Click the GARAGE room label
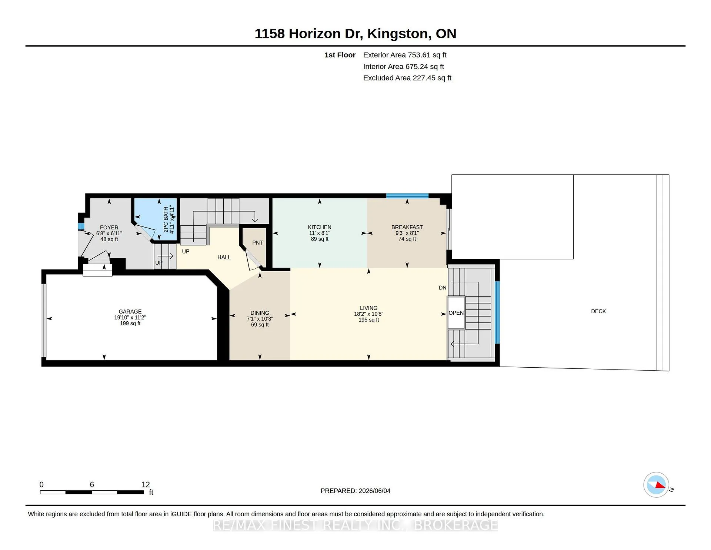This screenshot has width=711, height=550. (x=130, y=312)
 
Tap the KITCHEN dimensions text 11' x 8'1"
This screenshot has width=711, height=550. (x=320, y=233)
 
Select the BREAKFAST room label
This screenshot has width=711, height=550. (x=407, y=227)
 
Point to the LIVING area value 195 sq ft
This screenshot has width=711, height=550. (x=368, y=320)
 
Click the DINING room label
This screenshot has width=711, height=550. (x=260, y=313)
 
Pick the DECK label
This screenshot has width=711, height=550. (x=598, y=311)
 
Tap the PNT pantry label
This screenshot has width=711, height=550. (x=257, y=243)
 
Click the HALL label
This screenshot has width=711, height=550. (x=224, y=257)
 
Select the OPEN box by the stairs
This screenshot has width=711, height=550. (x=456, y=313)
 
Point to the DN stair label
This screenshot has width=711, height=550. (x=443, y=288)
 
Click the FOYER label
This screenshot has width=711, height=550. (x=109, y=228)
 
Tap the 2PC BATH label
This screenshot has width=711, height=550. (x=166, y=220)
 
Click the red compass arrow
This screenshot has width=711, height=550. (x=660, y=485)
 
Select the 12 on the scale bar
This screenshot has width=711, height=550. (x=146, y=484)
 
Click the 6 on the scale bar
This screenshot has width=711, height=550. (x=92, y=484)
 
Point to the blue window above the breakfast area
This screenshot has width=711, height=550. (x=407, y=196)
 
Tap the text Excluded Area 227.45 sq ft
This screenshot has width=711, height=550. (x=407, y=78)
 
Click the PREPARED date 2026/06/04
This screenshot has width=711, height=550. (x=374, y=491)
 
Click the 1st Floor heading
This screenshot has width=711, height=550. (x=340, y=55)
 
